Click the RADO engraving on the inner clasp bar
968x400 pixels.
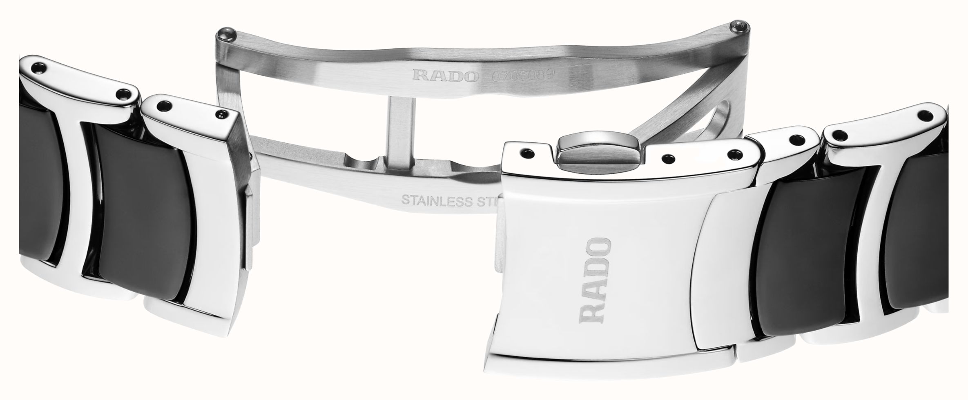(x=445, y=75)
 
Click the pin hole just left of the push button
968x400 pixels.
(x=528, y=153)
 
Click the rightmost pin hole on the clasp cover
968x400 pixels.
(x=736, y=154)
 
